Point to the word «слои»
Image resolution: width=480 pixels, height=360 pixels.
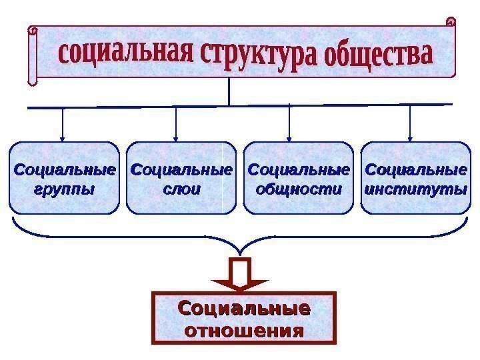coord(181,188)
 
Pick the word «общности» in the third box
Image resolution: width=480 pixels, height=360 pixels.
coord(298,188)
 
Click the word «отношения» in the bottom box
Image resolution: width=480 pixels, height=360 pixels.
coord(243,330)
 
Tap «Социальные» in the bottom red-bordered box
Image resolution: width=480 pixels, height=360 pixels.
coord(243,309)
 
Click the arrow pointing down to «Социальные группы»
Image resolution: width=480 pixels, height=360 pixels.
coord(63,125)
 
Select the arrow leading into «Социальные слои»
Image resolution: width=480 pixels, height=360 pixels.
coord(176,125)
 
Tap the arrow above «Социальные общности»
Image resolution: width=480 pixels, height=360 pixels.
coord(290,125)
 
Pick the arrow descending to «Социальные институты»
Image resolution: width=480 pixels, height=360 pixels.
coord(410,125)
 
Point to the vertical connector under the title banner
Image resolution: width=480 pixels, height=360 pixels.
coord(228,91)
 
